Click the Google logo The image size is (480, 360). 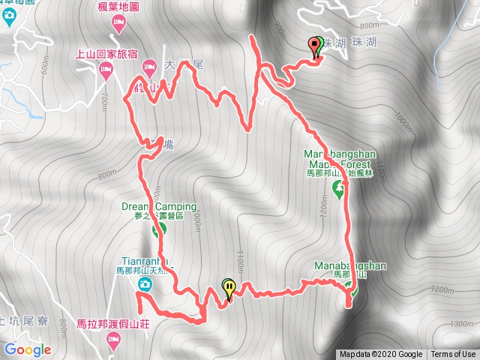27,349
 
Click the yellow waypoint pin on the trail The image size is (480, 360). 228,287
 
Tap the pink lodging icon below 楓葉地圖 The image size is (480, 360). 118,25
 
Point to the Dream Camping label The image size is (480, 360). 158,206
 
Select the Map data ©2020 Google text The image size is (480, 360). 380,355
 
